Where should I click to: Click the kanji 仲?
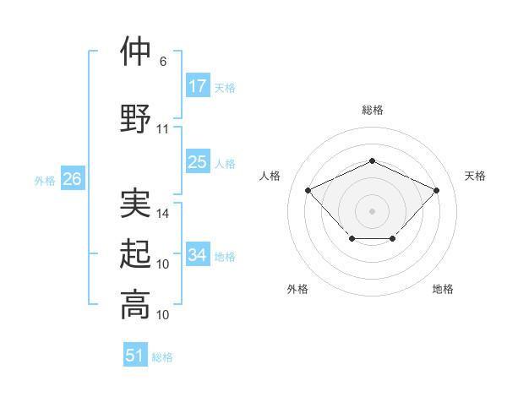click(x=135, y=52)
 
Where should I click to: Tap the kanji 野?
click(x=135, y=118)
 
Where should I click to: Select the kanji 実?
click(x=135, y=203)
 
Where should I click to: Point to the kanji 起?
click(x=135, y=254)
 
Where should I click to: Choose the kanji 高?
click(x=135, y=304)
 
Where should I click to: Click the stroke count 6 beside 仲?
click(x=163, y=62)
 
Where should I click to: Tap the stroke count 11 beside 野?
click(x=163, y=129)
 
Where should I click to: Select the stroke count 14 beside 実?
click(x=163, y=214)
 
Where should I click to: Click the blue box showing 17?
click(x=198, y=86)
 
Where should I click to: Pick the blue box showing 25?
click(x=198, y=162)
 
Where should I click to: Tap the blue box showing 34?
click(x=198, y=255)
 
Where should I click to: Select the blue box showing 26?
click(x=73, y=179)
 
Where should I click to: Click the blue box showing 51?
click(x=135, y=356)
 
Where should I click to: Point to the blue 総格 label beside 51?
click(x=162, y=357)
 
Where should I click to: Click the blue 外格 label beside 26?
click(x=45, y=180)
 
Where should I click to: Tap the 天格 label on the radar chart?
click(x=476, y=176)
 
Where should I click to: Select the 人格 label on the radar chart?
click(x=270, y=176)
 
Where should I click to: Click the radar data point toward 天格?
click(x=436, y=190)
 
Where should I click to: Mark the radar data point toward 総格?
click(x=372, y=160)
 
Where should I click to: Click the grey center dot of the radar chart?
click(x=372, y=210)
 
